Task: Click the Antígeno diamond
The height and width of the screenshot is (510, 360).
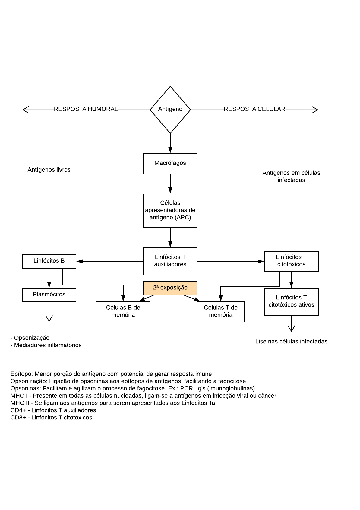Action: [x=170, y=110]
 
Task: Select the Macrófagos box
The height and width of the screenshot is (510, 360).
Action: [x=170, y=164]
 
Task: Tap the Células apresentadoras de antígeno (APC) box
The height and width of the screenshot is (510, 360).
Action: [x=170, y=211]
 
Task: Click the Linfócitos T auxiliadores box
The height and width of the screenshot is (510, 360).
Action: [x=170, y=261]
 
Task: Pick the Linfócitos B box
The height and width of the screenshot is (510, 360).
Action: [x=49, y=261]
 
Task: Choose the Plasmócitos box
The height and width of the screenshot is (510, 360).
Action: [x=49, y=295]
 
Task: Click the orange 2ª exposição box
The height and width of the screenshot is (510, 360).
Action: [x=170, y=288]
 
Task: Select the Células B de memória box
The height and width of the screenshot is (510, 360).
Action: [x=123, y=311]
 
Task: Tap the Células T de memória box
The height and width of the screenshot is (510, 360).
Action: [x=220, y=311]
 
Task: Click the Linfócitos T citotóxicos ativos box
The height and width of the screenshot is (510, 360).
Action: [x=291, y=301]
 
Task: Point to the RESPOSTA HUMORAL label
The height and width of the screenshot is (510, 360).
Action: [x=86, y=109]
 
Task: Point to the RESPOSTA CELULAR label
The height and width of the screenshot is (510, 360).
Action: [x=254, y=109]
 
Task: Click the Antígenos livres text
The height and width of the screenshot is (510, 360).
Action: [x=49, y=170]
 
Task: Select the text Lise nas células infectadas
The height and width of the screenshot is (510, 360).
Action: [x=291, y=342]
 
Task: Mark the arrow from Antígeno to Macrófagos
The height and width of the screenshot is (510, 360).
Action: [x=170, y=143]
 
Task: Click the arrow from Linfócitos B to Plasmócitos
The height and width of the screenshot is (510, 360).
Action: [x=49, y=278]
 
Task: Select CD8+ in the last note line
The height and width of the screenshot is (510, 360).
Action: [x=18, y=418]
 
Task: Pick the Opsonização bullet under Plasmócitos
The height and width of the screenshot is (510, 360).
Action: [x=30, y=338]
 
